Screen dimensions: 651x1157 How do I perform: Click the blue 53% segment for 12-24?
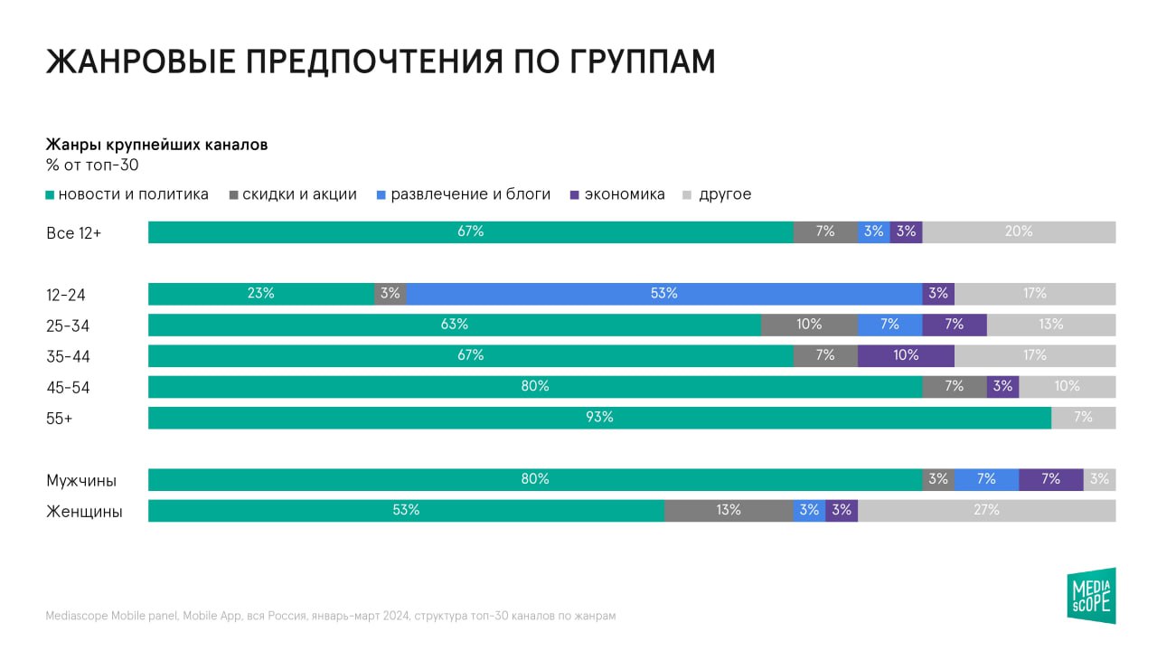[x=664, y=294]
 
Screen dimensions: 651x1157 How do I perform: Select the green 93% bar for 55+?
[x=599, y=418]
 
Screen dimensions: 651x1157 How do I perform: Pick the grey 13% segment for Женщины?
[x=729, y=511]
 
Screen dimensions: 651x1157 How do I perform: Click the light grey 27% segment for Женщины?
[x=986, y=511]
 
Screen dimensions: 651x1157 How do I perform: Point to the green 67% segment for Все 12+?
[x=470, y=232]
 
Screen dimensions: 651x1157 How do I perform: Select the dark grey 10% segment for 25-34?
[x=809, y=325]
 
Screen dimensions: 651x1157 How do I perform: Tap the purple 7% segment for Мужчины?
[x=1050, y=479]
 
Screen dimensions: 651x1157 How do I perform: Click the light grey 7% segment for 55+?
[x=1083, y=418]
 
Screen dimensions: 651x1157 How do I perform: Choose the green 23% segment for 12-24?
[x=261, y=294]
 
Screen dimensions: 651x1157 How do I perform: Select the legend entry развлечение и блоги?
[x=470, y=194]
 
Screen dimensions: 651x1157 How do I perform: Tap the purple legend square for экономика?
[x=575, y=195]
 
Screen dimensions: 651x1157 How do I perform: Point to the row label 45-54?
[x=68, y=388]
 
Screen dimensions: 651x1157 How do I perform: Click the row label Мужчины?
[x=81, y=480]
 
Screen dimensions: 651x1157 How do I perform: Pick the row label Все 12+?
[x=73, y=233]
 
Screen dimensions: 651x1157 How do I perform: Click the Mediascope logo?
[x=1091, y=596]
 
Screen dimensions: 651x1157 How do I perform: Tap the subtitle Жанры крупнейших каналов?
[x=156, y=145]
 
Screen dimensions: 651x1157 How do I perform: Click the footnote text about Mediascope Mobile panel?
[x=331, y=616]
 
